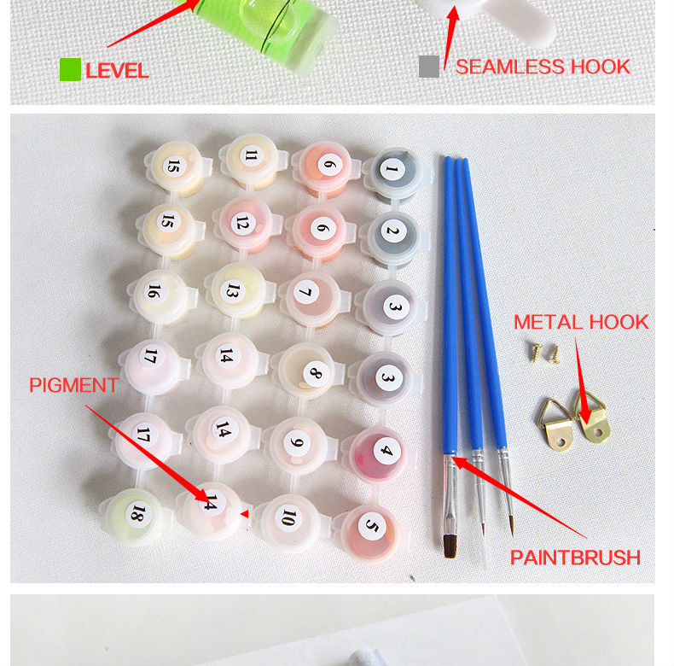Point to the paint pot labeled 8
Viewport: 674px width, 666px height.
click(x=307, y=371)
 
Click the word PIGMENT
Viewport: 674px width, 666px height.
click(x=73, y=385)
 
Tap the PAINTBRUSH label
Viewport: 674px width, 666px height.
click(x=575, y=558)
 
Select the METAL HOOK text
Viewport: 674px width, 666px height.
click(x=581, y=322)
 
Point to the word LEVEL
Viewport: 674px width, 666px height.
click(x=117, y=71)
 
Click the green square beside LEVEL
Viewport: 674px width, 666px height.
click(x=70, y=70)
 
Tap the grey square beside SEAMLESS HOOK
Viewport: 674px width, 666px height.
click(x=429, y=67)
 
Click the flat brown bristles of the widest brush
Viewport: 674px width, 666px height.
click(x=450, y=546)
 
